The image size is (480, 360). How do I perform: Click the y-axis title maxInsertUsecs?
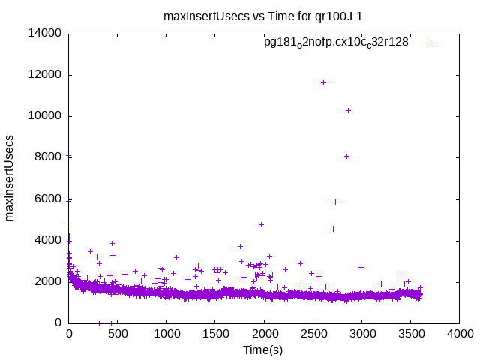[10, 178]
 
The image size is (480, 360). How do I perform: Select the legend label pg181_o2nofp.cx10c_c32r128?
[336, 43]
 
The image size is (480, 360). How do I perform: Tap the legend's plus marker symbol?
[431, 43]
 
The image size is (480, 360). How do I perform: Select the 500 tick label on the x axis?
[118, 334]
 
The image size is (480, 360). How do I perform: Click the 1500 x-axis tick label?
[215, 334]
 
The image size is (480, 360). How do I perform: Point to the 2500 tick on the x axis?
[313, 334]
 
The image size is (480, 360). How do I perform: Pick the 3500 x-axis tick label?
[410, 334]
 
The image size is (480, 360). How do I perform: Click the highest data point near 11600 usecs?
[323, 82]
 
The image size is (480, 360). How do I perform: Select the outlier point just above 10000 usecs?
[348, 110]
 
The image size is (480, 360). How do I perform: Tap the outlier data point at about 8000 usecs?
[346, 156]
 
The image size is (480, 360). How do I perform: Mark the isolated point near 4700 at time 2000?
[261, 224]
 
